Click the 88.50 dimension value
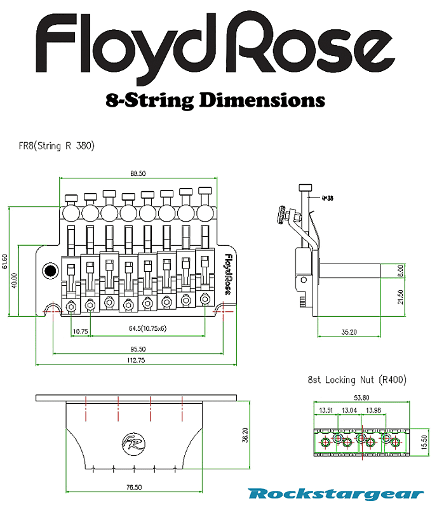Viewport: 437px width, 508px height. tap(138, 173)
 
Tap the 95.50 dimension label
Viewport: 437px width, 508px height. tap(138, 349)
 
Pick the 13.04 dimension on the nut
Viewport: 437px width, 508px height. tap(349, 410)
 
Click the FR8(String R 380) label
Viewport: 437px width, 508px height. tap(57, 145)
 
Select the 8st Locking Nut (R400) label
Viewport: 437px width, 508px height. tap(357, 380)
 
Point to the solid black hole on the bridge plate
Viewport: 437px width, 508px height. tap(48, 272)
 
